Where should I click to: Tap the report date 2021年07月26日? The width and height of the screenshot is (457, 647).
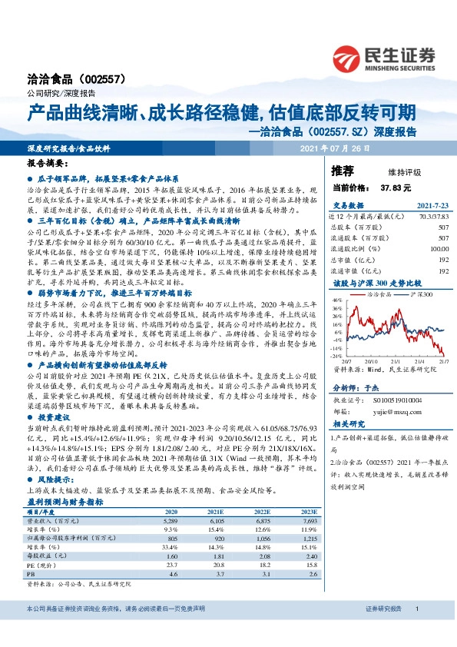[334, 148]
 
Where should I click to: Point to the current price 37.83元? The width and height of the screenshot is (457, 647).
[396, 187]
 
